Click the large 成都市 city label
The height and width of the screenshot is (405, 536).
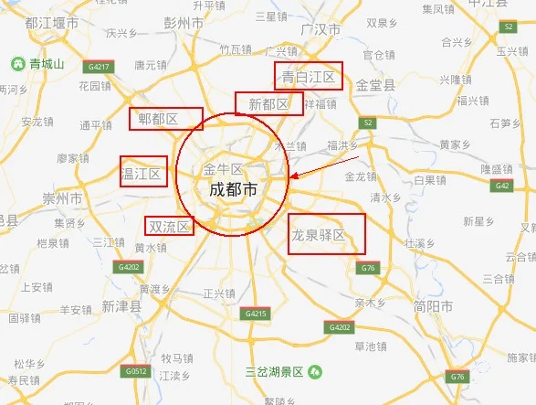click(x=233, y=190)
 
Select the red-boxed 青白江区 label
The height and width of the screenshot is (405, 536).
click(x=308, y=77)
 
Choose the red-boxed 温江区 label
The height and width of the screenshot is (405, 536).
click(x=142, y=172)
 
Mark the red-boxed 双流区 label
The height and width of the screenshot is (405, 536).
click(x=169, y=226)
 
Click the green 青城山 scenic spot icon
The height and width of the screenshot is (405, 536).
click(x=17, y=64)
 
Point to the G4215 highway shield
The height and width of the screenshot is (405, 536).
click(x=256, y=314)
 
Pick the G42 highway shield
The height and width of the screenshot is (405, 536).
click(x=501, y=186)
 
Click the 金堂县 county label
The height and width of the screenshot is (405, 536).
click(x=374, y=85)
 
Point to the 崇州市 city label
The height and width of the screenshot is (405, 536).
click(x=62, y=198)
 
